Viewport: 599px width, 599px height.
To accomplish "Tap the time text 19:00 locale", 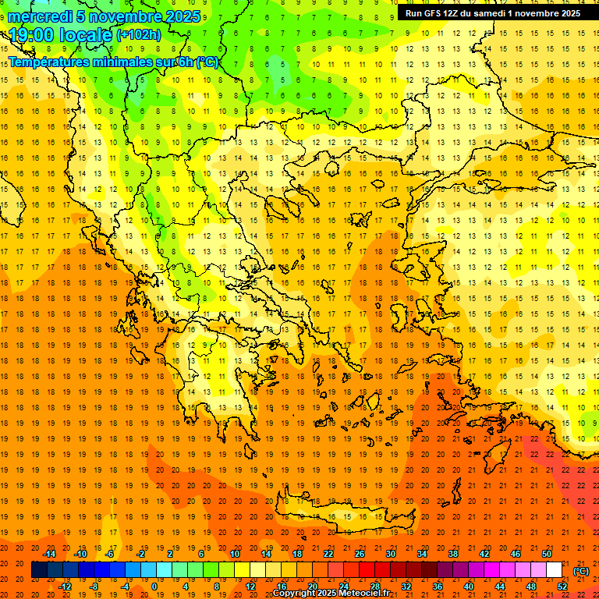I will [61, 34].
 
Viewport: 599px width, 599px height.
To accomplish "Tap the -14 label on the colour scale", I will [51, 553].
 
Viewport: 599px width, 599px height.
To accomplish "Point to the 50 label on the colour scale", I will [547, 553].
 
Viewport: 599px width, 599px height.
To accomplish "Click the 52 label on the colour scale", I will [562, 587].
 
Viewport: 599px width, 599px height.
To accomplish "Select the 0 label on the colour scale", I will [154, 587].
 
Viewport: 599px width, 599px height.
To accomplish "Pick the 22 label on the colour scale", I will [328, 553].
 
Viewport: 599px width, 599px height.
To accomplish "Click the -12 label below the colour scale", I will [66, 587].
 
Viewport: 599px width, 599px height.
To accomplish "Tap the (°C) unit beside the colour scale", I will [581, 570].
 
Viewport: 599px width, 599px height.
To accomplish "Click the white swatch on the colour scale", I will [555, 570].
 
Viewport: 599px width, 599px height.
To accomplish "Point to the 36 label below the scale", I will [438, 587].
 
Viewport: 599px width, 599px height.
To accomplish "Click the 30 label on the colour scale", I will [391, 553].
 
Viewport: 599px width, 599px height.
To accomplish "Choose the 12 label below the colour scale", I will [250, 587].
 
